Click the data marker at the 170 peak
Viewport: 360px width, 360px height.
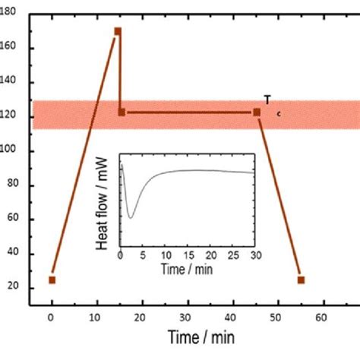[x=118, y=31]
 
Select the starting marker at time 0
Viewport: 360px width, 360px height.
[x=52, y=279]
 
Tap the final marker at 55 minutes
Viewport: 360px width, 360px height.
[x=301, y=279]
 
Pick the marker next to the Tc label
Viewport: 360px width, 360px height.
[x=257, y=112]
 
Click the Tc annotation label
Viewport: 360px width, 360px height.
[x=269, y=102]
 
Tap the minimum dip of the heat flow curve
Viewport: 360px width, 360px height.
[x=131, y=218]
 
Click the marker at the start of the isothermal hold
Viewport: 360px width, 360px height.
[x=122, y=112]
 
